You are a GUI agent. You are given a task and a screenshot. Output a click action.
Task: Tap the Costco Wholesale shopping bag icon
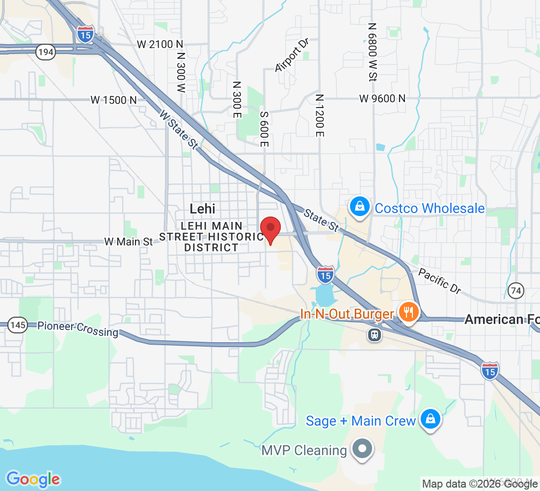360,207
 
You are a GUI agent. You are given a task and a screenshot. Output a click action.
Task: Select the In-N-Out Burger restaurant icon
408,312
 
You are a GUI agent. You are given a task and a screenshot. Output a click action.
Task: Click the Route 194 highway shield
45,53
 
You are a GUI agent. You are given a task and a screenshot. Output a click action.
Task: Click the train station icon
375,335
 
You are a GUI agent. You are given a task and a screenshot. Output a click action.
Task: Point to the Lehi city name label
202,208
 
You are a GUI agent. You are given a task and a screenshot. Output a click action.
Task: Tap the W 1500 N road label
113,100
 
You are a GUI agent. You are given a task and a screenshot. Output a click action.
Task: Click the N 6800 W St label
373,52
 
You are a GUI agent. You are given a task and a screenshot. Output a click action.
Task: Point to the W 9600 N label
382,98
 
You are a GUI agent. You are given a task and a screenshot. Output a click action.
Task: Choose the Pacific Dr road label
440,281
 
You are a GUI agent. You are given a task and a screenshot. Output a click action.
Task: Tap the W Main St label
129,242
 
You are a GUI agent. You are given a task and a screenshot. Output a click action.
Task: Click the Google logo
33,479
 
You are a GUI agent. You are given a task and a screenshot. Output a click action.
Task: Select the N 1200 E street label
320,116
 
